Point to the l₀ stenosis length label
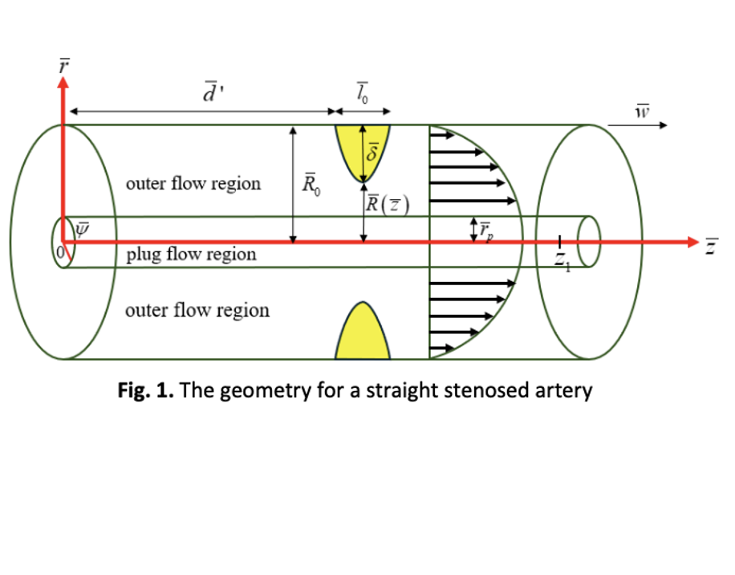point(363,92)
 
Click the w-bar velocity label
point(641,110)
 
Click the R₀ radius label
point(310,185)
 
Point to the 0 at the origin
point(59,255)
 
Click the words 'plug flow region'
point(191,255)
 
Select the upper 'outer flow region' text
point(193,183)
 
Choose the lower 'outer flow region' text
point(197,310)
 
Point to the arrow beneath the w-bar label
point(638,125)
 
